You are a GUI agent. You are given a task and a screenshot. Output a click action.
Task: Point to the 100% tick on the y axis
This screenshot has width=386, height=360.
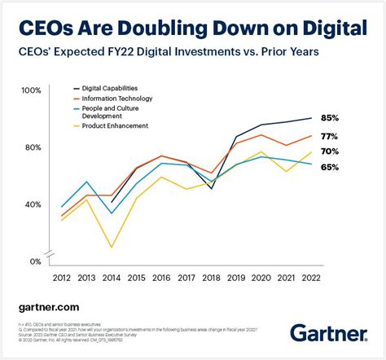pyautogui.click(x=31, y=90)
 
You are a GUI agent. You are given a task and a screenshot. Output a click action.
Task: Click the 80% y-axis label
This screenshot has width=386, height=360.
pyautogui.click(x=33, y=147)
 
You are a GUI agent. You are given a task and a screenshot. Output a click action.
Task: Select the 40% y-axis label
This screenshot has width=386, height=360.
pyautogui.click(x=33, y=204)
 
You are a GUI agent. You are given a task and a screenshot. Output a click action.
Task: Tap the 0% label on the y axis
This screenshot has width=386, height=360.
pyautogui.click(x=35, y=261)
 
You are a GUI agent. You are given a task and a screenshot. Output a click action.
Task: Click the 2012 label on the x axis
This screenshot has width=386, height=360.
pyautogui.click(x=62, y=278)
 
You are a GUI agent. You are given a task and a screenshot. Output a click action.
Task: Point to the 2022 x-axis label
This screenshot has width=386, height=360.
pyautogui.click(x=310, y=278)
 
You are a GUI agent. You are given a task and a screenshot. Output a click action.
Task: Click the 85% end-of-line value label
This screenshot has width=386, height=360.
pyautogui.click(x=329, y=118)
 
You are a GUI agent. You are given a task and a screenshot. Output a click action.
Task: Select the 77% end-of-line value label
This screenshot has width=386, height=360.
pyautogui.click(x=329, y=136)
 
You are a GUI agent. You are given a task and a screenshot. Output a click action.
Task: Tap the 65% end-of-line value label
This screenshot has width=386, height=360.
pyautogui.click(x=329, y=167)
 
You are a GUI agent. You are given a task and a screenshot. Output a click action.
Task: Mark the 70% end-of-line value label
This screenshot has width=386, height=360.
pyautogui.click(x=329, y=151)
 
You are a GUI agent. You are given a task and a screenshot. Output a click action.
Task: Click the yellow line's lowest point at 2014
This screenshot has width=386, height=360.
pyautogui.click(x=112, y=247)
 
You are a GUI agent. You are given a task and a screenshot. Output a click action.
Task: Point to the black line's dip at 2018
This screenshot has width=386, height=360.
pyautogui.click(x=211, y=189)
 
